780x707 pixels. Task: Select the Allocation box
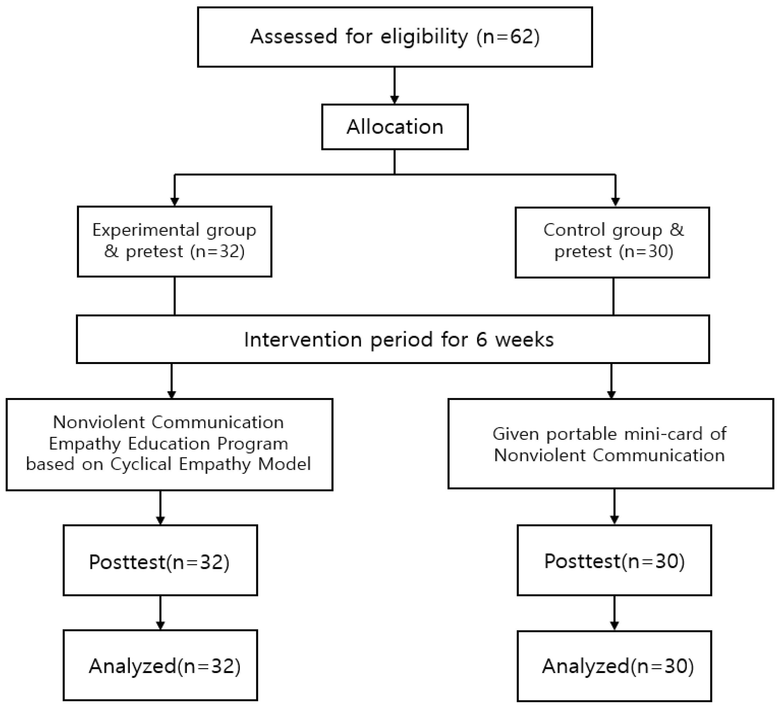(x=395, y=127)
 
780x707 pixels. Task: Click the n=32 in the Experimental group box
(x=217, y=252)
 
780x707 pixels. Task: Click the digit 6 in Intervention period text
(x=481, y=340)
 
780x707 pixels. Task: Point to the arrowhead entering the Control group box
(x=615, y=201)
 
